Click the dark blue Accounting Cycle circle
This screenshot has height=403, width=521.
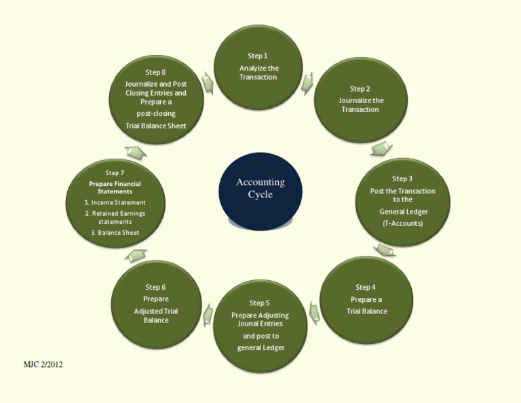pos(260,190)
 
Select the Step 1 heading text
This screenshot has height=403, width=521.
pos(258,56)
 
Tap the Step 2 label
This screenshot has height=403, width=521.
pos(360,89)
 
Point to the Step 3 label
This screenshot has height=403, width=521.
pos(402,179)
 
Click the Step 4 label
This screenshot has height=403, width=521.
pos(365,287)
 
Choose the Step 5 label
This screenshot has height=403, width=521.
pos(259,303)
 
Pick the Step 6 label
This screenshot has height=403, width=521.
pos(155,287)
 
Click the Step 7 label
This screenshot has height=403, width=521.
pos(115,173)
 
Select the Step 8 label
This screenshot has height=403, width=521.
pos(155,72)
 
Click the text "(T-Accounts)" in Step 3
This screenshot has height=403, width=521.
pos(402,223)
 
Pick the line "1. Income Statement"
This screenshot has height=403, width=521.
pos(115,202)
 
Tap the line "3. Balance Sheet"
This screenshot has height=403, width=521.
pos(115,233)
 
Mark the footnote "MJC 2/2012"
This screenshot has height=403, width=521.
pos(43,365)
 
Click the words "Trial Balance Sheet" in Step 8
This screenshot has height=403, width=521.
pos(155,126)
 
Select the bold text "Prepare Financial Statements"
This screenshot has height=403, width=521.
pos(115,187)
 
